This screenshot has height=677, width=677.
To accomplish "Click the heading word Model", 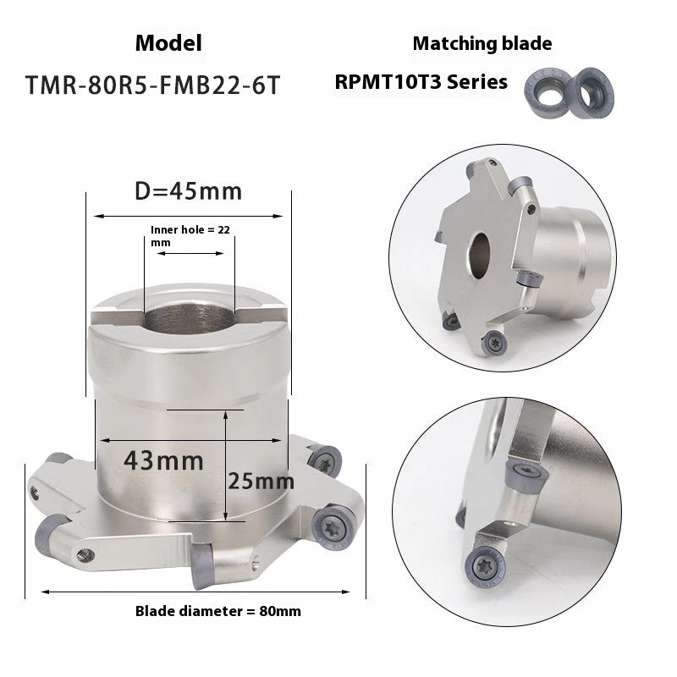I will (x=168, y=43).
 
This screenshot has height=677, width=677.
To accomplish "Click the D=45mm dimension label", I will (x=189, y=190).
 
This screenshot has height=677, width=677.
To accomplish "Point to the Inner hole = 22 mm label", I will (x=189, y=234).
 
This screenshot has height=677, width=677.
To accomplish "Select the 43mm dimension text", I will (x=163, y=461).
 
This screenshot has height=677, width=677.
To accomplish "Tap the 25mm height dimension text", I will (x=261, y=482).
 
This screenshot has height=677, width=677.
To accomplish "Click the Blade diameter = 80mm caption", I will (x=218, y=610).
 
